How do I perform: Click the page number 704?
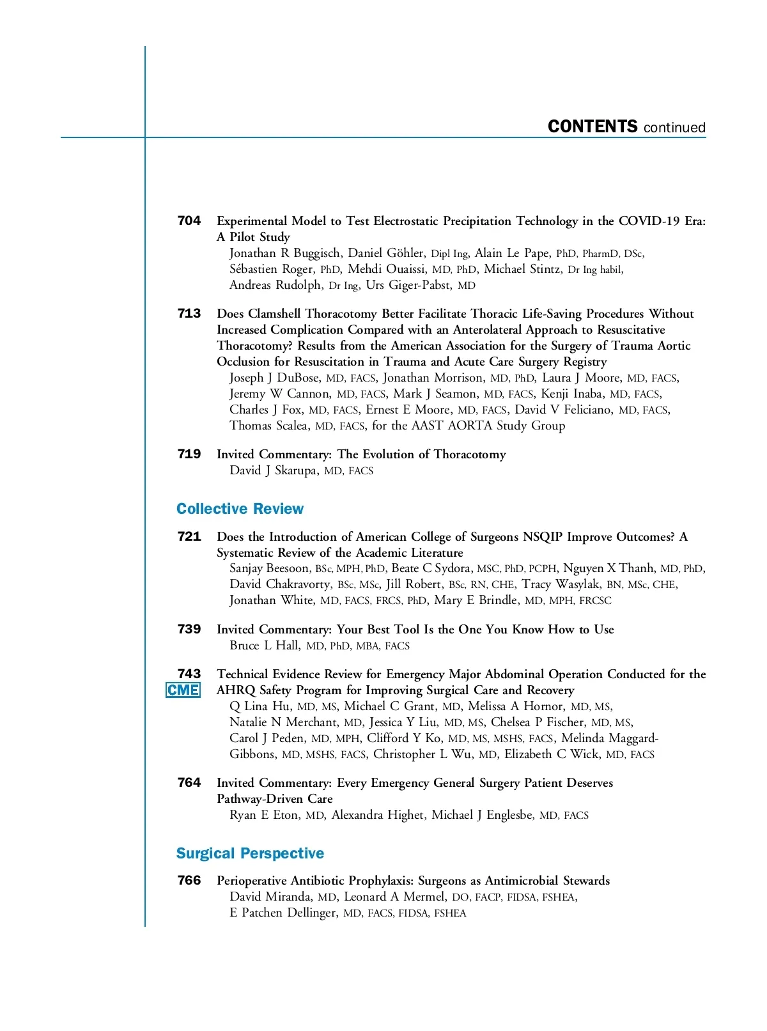pyautogui.click(x=189, y=221)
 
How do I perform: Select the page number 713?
pyautogui.click(x=189, y=314)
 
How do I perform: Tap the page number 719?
pyautogui.click(x=189, y=454)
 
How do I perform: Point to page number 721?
pyautogui.click(x=189, y=537)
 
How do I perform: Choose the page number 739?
pyautogui.click(x=189, y=630)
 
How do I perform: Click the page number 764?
pyautogui.click(x=189, y=783)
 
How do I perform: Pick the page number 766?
pyautogui.click(x=189, y=881)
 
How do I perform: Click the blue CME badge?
pyautogui.click(x=183, y=690)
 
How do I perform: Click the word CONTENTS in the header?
pyautogui.click(x=593, y=127)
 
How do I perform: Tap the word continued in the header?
pyautogui.click(x=674, y=128)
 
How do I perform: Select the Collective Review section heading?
pyautogui.click(x=240, y=509)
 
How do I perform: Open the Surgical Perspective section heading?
pyautogui.click(x=250, y=853)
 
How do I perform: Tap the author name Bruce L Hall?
pyautogui.click(x=265, y=646)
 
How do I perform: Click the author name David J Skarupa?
pyautogui.click(x=273, y=470)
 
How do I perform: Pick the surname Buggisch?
pyautogui.click(x=317, y=253)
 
